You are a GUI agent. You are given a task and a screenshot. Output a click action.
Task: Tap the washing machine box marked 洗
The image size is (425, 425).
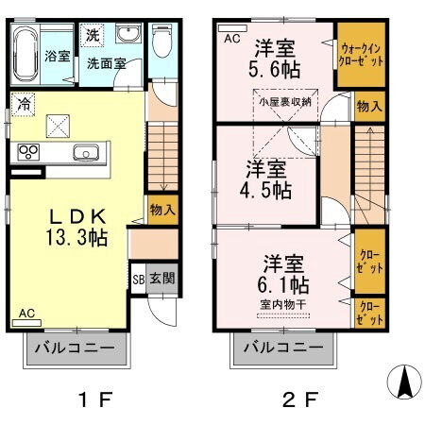93,35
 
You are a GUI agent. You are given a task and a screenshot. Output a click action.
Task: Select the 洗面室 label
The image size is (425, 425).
107,65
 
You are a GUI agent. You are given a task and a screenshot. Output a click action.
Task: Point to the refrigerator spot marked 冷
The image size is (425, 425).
22,104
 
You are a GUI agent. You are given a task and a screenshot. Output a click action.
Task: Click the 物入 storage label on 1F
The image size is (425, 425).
161,210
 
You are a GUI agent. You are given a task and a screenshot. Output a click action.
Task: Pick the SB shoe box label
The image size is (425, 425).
138,279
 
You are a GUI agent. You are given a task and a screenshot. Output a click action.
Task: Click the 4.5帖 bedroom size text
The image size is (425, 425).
268,189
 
